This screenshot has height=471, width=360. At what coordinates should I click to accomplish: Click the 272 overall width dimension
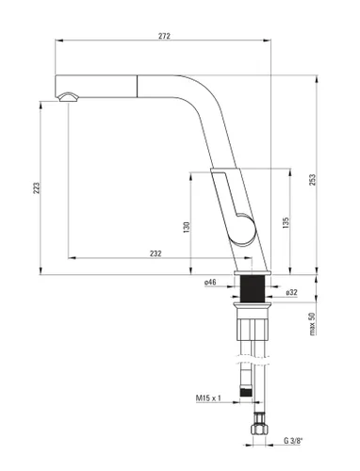point(165,35)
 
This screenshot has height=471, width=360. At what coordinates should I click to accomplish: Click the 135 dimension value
point(286,222)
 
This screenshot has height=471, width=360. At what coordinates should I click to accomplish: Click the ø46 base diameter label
point(210,282)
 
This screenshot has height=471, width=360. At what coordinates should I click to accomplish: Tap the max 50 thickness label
point(313,327)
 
